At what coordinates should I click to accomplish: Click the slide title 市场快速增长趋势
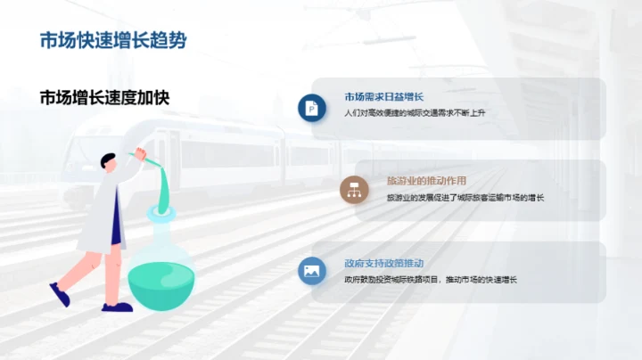pyautogui.click(x=113, y=40)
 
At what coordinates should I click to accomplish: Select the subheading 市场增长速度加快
pyautogui.click(x=103, y=97)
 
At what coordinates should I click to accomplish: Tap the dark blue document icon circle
pyautogui.click(x=311, y=107)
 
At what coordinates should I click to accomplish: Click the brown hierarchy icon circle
pyautogui.click(x=354, y=189)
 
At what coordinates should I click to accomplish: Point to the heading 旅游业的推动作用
pyautogui.click(x=426, y=179)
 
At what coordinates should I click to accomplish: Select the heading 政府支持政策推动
pyautogui.click(x=383, y=264)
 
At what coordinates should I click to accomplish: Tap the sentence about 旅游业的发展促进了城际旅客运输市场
pyautogui.click(x=465, y=197)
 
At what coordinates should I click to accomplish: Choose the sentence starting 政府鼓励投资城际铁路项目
pyautogui.click(x=431, y=280)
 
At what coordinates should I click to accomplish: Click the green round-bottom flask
pyautogui.click(x=160, y=276)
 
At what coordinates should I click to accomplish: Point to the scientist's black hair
pyautogui.click(x=109, y=161)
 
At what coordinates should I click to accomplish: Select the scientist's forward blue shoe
pyautogui.click(x=117, y=307)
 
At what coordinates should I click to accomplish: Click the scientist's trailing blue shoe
pyautogui.click(x=60, y=295)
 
